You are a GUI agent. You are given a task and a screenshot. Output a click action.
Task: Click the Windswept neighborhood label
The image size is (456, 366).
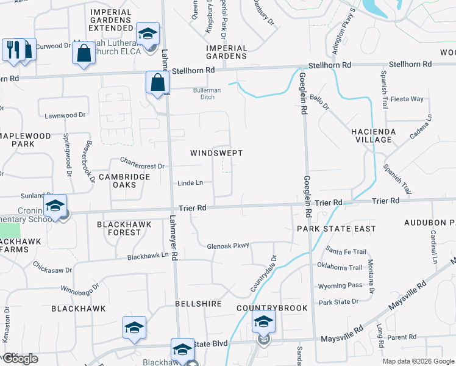(x=216, y=152)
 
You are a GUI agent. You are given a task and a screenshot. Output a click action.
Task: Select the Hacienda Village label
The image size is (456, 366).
(x=373, y=135)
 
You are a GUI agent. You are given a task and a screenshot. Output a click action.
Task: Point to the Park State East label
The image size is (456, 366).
(x=337, y=228)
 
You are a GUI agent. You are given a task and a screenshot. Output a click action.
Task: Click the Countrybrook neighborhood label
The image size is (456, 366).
(x=272, y=308)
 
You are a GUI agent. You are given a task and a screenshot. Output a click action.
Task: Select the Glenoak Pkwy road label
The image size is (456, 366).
(x=229, y=245)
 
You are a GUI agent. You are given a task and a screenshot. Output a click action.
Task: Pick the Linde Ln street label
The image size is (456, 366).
(x=190, y=182)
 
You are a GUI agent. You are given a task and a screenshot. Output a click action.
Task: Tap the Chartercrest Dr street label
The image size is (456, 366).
(x=142, y=165)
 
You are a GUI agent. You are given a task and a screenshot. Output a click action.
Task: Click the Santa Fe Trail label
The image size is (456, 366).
(x=346, y=251)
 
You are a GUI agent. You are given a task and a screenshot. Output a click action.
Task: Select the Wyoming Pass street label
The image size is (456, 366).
(x=340, y=285)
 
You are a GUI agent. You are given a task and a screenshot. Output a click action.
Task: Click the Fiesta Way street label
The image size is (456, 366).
(x=407, y=99)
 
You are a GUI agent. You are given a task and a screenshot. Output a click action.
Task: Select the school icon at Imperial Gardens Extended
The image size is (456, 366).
(x=147, y=34)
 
